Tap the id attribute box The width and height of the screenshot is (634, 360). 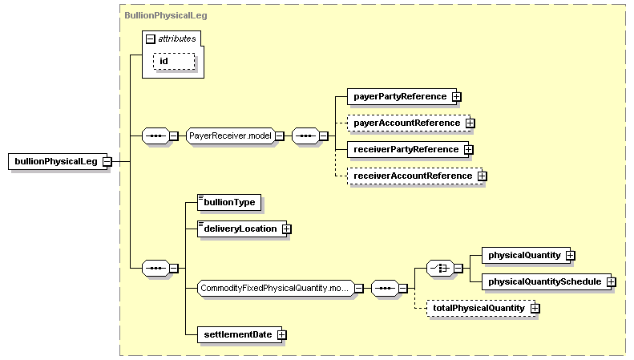[x=174, y=62]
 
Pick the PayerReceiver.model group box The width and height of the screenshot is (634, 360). [x=230, y=136]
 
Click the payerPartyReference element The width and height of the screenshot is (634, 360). [x=400, y=96]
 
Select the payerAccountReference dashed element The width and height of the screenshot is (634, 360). [x=406, y=123]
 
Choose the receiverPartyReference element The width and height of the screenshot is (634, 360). [x=406, y=149]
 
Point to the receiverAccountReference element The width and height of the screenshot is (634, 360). [x=413, y=176]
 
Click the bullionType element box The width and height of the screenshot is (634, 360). [x=229, y=202]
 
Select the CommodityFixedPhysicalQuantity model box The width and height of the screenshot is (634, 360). [x=275, y=288]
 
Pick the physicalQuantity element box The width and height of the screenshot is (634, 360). [x=525, y=255]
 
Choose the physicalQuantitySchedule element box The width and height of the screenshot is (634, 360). [x=544, y=281]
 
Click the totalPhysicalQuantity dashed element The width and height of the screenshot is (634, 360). [x=479, y=308]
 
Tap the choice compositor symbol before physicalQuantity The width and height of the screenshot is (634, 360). [x=440, y=268]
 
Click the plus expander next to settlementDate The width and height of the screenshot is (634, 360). [x=281, y=335]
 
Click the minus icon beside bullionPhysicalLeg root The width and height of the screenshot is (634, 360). [x=106, y=162]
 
